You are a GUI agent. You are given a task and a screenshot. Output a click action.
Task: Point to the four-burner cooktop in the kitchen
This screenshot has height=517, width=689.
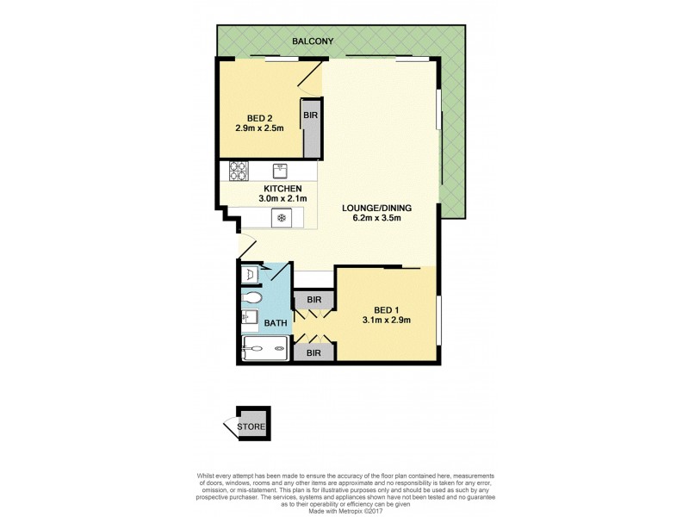coord(239,171)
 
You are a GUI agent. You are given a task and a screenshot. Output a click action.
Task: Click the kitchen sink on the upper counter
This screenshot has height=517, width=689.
coord(279,170)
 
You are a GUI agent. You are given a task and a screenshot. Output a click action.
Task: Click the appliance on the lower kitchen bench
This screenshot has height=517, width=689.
coord(279,219)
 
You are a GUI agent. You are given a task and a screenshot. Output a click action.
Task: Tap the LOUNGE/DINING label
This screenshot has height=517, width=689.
coord(372,208)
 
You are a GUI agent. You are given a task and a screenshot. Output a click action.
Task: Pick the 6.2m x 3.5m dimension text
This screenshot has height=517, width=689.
coord(372,218)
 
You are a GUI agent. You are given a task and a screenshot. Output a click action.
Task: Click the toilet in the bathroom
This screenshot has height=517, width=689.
coord(251,298)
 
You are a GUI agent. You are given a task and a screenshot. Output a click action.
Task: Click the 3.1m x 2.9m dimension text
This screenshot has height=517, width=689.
coord(384,324)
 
